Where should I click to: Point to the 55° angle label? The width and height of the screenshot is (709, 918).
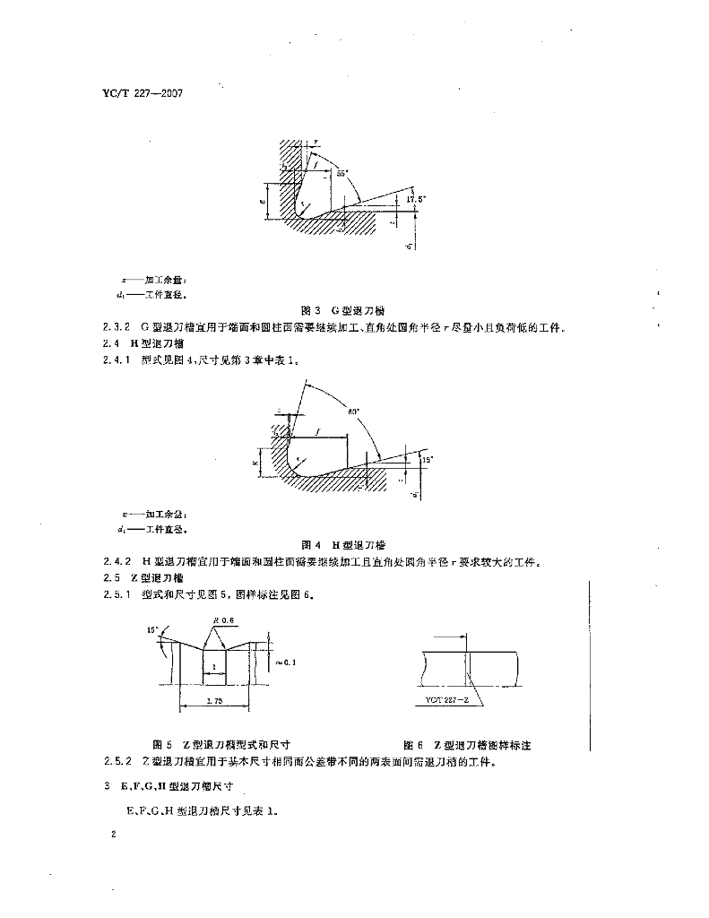point(343,170)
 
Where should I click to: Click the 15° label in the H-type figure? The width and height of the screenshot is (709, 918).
point(428,459)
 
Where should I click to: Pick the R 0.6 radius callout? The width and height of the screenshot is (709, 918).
point(223,619)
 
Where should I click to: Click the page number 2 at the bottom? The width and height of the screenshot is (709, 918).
point(112,836)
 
